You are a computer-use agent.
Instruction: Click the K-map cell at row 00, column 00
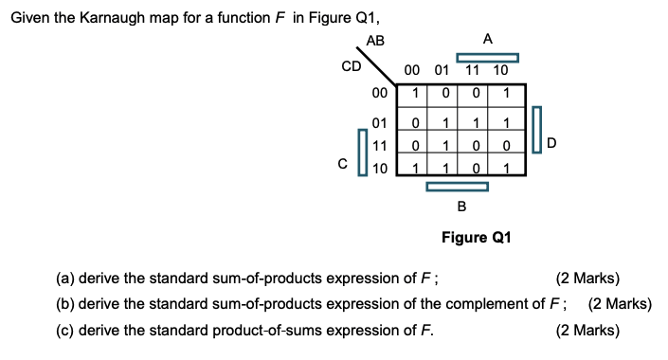point(413,93)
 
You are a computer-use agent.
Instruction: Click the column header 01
point(442,70)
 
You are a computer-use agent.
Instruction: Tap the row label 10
point(379,170)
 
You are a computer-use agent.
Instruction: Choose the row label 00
point(379,93)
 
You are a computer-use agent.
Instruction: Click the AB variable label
point(375,40)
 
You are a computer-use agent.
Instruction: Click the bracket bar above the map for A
point(488,56)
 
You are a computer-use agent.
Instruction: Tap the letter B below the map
point(461,206)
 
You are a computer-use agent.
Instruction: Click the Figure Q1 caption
point(476,237)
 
